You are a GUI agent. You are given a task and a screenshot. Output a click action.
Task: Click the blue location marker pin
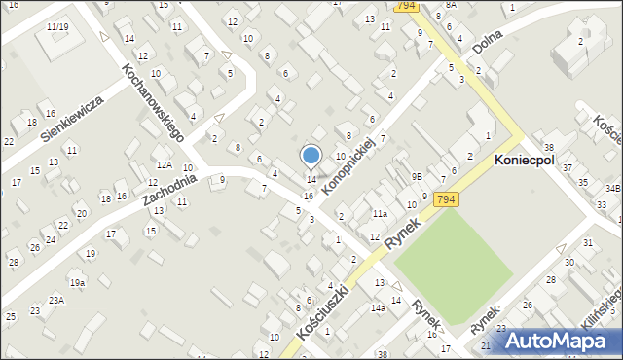point(311,156)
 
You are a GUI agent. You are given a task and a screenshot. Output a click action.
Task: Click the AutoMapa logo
point(564,341)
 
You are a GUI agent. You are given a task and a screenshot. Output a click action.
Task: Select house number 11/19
point(56,26)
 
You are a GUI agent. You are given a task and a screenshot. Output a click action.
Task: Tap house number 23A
point(56,301)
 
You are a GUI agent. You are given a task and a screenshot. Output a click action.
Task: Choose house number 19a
point(77,282)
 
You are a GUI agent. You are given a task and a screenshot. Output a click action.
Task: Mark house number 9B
point(417,177)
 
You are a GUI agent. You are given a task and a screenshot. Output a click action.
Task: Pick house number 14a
point(378,307)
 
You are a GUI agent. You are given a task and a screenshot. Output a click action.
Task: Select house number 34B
point(612,188)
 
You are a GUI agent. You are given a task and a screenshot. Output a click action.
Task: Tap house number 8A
point(450,5)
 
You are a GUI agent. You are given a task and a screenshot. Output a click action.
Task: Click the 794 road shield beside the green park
point(446,199)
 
